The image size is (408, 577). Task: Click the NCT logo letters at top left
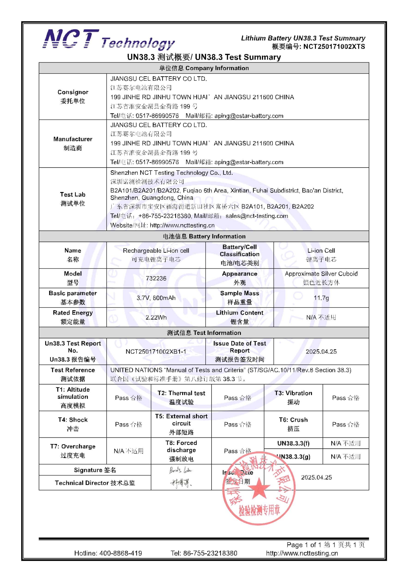tap(71, 39)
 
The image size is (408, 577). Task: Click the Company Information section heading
tap(204, 68)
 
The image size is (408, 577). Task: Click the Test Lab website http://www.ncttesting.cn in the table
tap(182, 225)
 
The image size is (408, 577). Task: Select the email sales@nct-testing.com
tap(257, 216)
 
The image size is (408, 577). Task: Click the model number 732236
tap(156, 278)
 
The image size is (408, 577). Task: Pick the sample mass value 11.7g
tap(321, 298)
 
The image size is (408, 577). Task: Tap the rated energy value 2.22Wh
tap(156, 317)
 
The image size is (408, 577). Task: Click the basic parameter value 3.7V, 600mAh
tap(156, 298)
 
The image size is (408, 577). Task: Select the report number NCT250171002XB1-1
tap(156, 351)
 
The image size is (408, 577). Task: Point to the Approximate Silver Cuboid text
tap(321, 274)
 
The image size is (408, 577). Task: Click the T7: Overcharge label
tap(73, 446)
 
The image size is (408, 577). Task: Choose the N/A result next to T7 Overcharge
tap(128, 451)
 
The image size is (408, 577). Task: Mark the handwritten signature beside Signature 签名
tap(180, 470)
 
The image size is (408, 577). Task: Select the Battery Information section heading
tap(204, 236)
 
